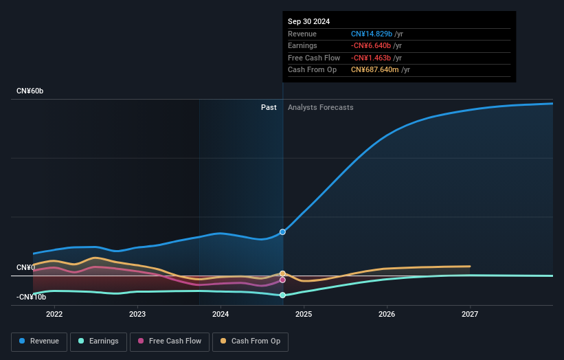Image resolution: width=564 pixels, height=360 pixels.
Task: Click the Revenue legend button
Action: (x=39, y=341)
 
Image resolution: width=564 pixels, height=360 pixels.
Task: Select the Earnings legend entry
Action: (x=98, y=341)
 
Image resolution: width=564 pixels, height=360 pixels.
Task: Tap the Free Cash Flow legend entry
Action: (x=169, y=341)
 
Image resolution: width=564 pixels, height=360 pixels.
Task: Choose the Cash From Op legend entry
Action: (x=251, y=341)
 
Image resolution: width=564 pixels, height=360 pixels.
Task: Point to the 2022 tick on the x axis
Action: (x=54, y=314)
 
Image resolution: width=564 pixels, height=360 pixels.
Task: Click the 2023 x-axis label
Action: (x=137, y=314)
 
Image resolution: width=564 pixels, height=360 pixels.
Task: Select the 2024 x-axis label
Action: (x=221, y=314)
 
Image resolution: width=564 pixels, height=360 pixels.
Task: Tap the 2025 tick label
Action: (x=304, y=314)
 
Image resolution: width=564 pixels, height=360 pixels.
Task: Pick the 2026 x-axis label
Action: (x=387, y=314)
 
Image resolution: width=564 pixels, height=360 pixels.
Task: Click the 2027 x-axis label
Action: (x=470, y=314)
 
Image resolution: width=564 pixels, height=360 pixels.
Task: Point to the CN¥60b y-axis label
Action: (x=30, y=91)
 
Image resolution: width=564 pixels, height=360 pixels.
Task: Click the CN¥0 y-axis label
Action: (x=26, y=267)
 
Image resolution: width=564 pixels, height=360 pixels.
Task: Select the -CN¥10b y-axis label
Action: (x=32, y=297)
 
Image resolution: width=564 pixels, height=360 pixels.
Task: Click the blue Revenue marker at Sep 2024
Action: (x=282, y=232)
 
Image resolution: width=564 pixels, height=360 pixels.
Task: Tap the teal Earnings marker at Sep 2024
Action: (x=282, y=295)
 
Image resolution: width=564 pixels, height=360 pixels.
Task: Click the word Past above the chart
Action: (x=269, y=107)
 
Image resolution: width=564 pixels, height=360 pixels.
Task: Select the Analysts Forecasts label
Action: (x=321, y=107)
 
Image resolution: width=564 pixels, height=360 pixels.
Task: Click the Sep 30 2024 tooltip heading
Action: (x=308, y=21)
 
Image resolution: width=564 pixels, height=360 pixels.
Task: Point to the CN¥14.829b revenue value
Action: (x=372, y=34)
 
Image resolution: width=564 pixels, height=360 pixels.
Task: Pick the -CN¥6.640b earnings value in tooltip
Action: (x=371, y=46)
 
